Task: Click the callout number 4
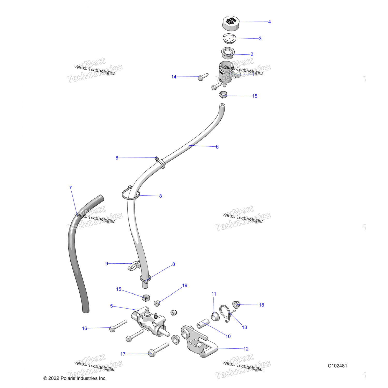269,22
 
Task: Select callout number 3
260,39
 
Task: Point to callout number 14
174,77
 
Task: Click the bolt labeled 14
203,77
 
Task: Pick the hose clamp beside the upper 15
223,95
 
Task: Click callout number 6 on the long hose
217,147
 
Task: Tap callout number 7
70,188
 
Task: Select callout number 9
107,264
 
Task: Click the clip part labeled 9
134,265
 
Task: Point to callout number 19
185,286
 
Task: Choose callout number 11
214,294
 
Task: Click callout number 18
262,305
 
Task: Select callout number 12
246,349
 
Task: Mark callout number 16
85,328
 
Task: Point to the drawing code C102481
337,366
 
